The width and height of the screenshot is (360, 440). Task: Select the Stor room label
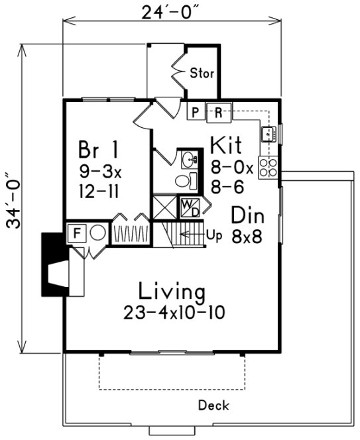point(202,73)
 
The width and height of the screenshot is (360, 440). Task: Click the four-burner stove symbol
point(269,168)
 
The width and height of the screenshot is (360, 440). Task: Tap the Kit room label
point(225,145)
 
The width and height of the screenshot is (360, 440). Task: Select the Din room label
point(248,215)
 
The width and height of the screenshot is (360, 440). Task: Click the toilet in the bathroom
point(185,180)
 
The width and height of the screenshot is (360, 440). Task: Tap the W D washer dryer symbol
point(190,207)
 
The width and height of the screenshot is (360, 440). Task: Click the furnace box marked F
point(76,233)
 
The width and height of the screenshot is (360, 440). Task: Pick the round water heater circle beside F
point(97,233)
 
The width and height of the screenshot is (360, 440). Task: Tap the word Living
point(171,291)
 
